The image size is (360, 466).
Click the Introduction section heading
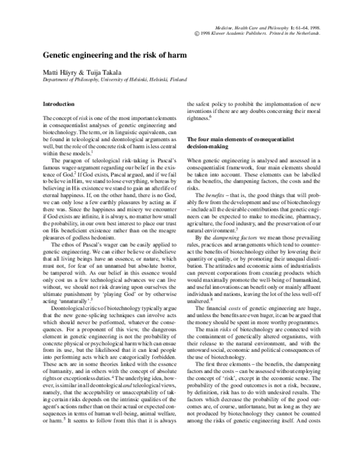pos(59,104)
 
